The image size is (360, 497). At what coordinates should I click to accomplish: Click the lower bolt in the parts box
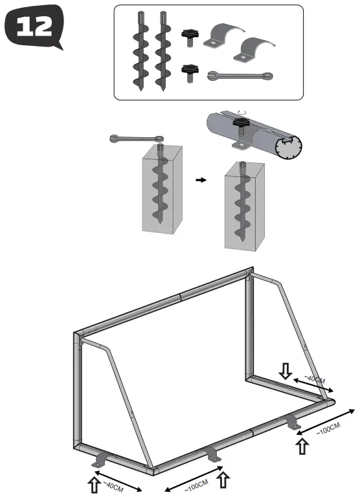click(x=189, y=71)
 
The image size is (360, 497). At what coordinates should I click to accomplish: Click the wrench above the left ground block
click(x=136, y=138)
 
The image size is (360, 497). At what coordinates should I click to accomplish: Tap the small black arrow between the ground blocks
click(x=201, y=181)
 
